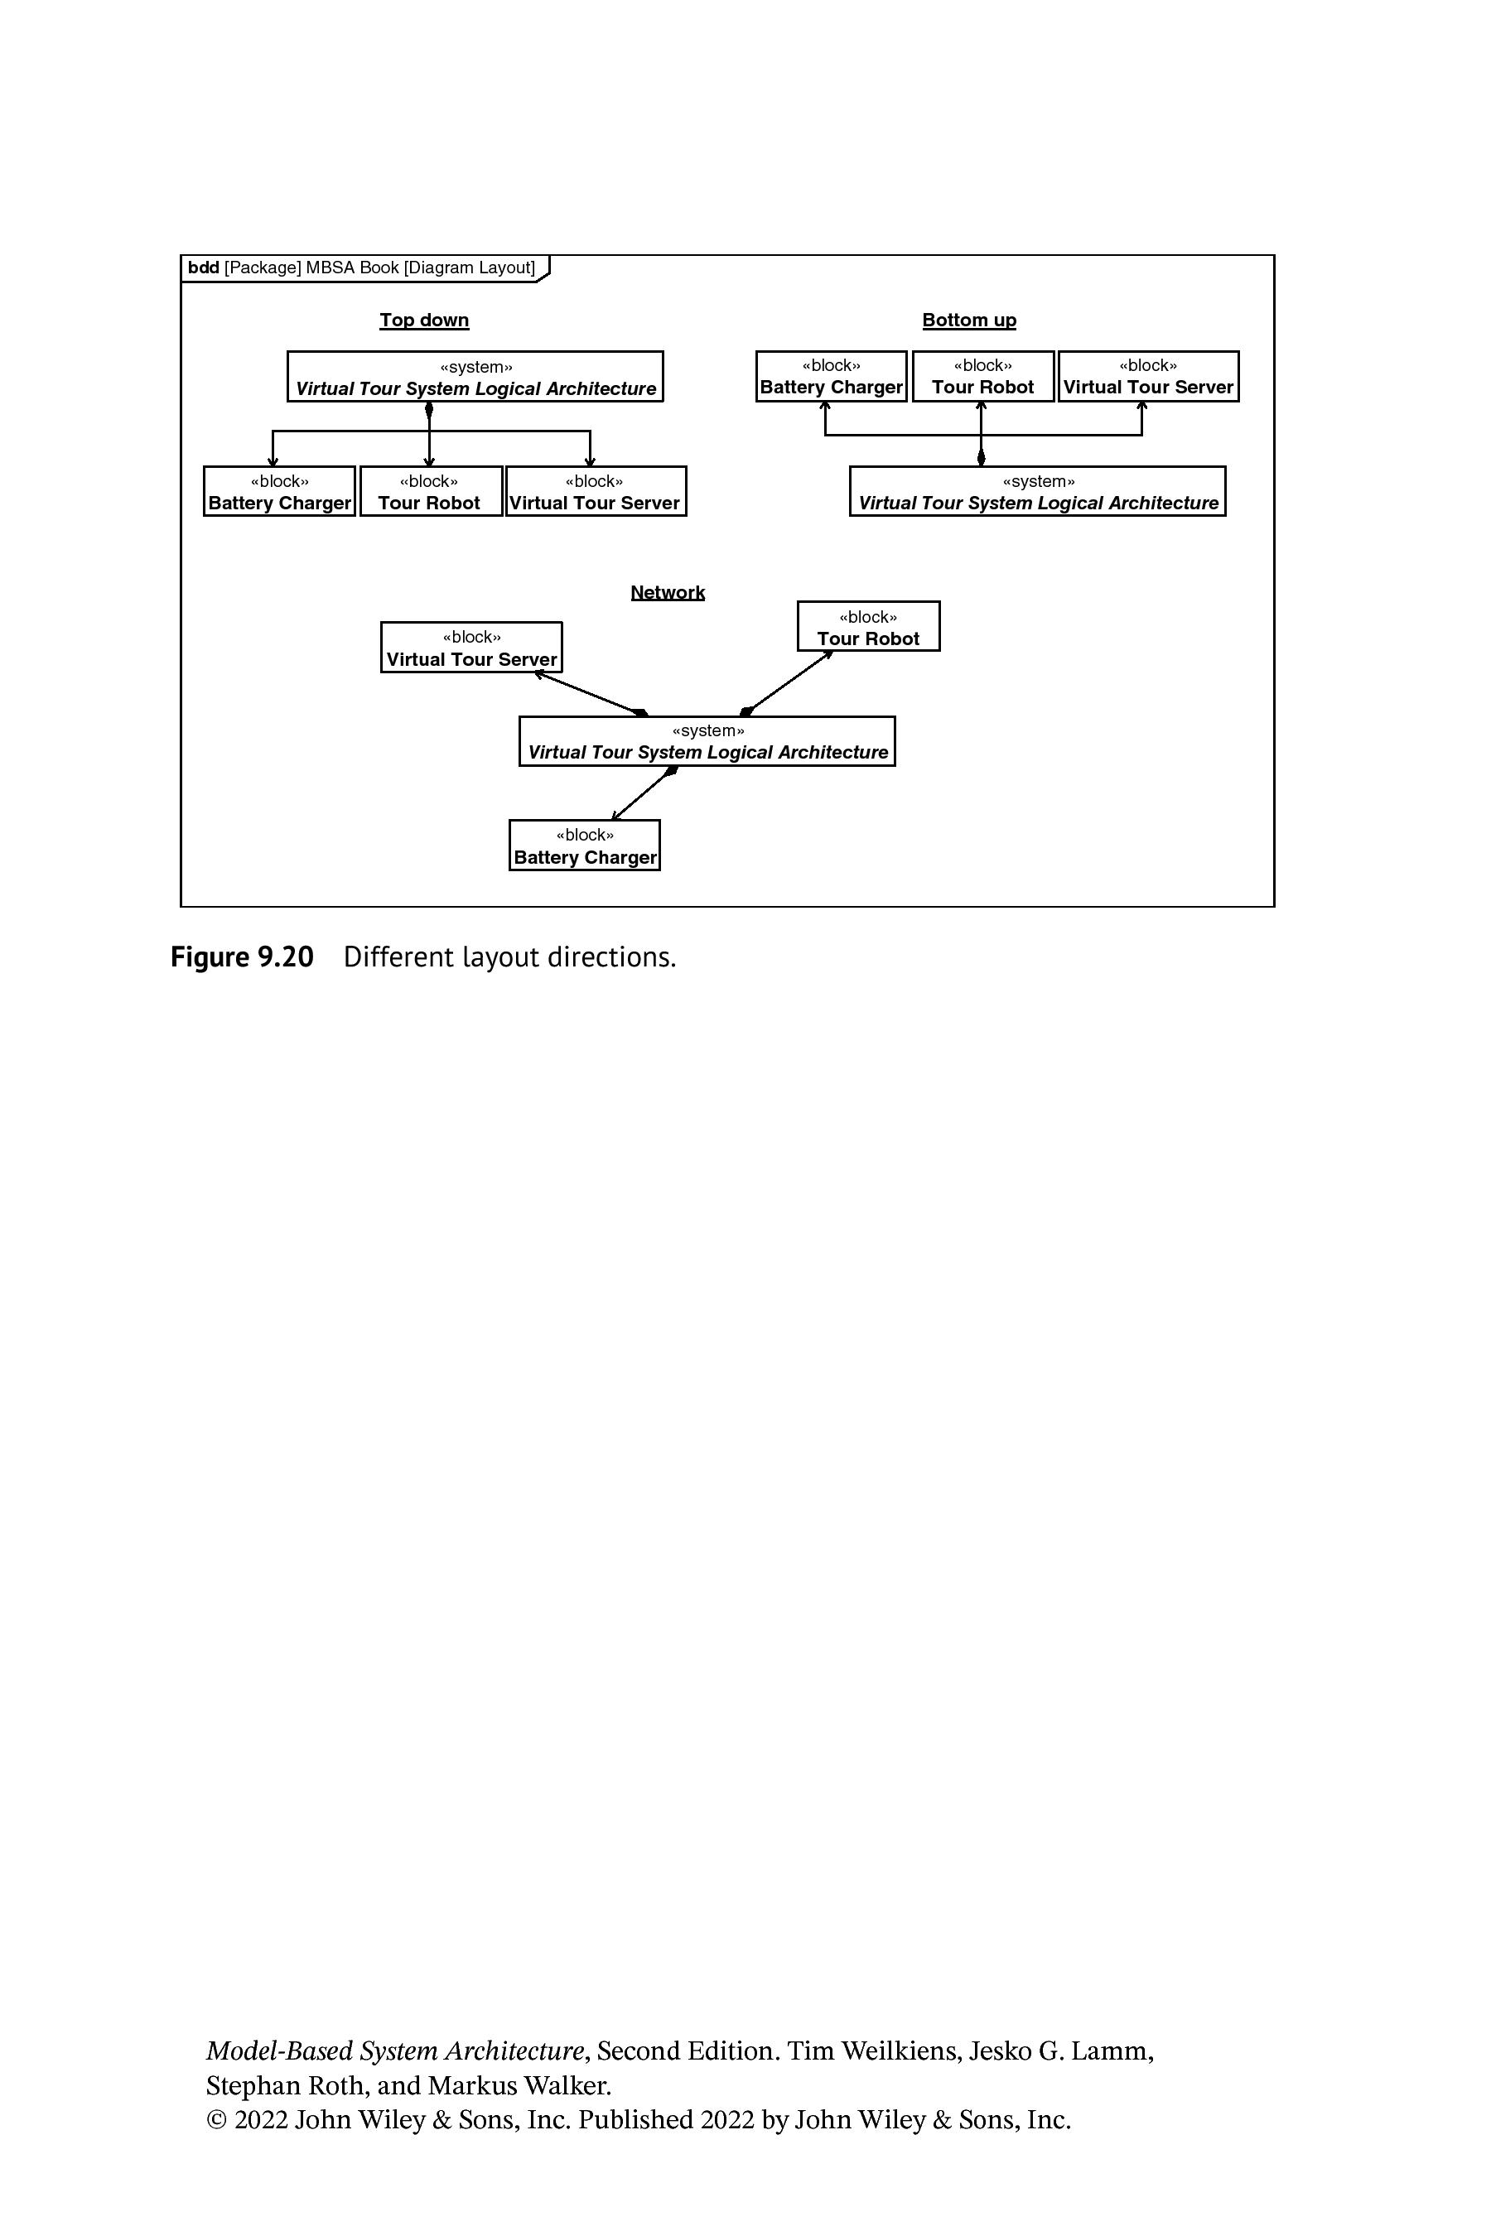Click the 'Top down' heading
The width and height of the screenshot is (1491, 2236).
(424, 320)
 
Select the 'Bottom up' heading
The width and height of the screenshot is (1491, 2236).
(969, 320)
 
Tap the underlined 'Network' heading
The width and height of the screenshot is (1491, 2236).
(668, 592)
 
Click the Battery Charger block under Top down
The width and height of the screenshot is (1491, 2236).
(280, 491)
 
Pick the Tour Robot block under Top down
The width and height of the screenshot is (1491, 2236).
(431, 491)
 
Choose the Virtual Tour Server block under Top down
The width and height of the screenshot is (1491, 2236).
(596, 491)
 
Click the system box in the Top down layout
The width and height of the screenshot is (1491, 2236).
(475, 377)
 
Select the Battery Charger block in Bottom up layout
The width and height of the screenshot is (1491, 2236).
(831, 377)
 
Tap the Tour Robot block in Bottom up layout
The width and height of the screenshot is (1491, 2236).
(983, 377)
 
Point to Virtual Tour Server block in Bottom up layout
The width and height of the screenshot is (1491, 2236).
(1149, 377)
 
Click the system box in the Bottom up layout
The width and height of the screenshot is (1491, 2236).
(1037, 491)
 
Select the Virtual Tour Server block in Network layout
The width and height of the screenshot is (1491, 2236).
(471, 648)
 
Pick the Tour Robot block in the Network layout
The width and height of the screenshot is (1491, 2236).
(868, 627)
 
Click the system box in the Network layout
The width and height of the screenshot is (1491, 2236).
(707, 741)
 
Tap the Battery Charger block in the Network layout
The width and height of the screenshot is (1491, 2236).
(585, 846)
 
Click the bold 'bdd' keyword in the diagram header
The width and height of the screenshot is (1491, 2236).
(204, 268)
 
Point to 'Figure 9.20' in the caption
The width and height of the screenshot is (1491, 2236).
(243, 957)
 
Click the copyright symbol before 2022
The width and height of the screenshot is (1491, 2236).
(217, 2120)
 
